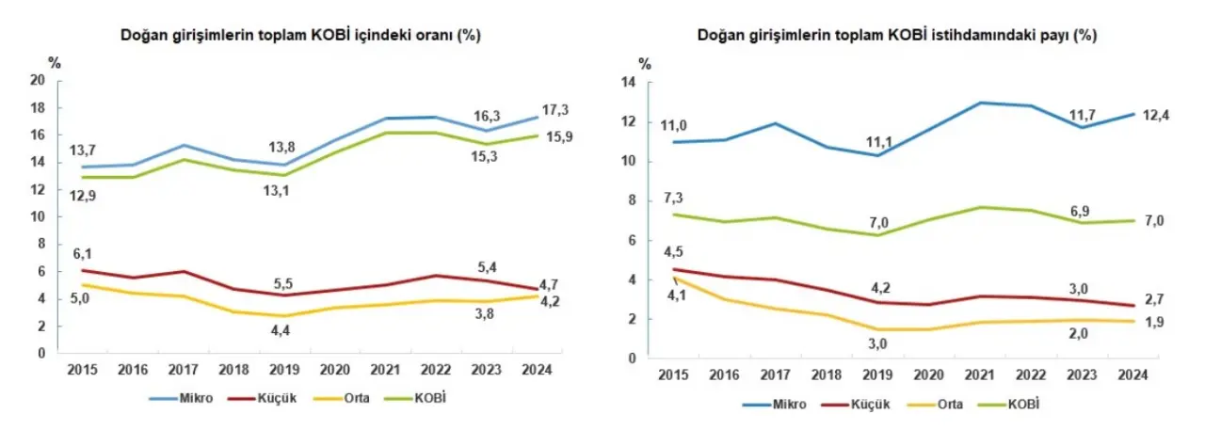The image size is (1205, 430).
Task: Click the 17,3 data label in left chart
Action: click(555, 110)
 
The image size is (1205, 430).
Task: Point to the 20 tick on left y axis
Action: click(39, 80)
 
